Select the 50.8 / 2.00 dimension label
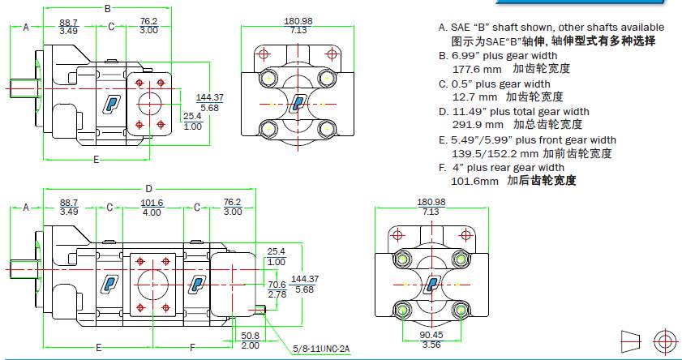[x=250, y=339]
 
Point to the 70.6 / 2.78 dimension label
[x=277, y=289]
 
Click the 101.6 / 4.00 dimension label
[x=152, y=208]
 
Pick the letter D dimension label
[x=148, y=188]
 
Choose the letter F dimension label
[x=191, y=347]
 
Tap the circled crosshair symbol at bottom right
[x=664, y=341]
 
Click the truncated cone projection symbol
[x=631, y=341]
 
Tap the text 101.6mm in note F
[x=474, y=181]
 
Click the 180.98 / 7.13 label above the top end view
[x=298, y=24]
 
